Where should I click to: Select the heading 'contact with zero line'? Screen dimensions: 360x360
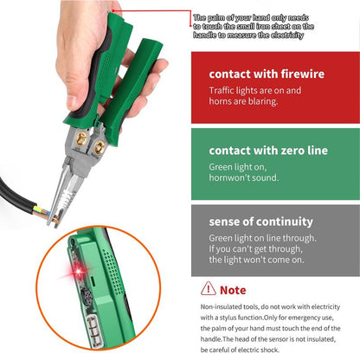[268, 151]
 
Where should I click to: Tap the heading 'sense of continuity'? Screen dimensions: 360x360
[260, 221]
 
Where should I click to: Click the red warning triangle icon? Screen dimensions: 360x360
[208, 288]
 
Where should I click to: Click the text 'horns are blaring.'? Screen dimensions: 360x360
[244, 101]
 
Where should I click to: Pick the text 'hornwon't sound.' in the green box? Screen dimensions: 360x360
[243, 177]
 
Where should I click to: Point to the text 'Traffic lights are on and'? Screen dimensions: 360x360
[256, 90]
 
